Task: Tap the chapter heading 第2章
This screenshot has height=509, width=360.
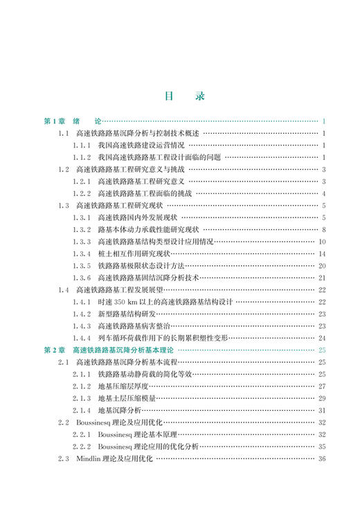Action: [x=55, y=350]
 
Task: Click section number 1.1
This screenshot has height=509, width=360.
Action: [x=64, y=133]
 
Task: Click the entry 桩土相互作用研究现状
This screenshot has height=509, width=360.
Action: [x=138, y=253]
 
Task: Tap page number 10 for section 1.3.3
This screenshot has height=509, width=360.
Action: [x=322, y=241]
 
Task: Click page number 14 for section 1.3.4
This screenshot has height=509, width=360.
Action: [x=322, y=253]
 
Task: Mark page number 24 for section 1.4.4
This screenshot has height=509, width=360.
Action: [x=322, y=338]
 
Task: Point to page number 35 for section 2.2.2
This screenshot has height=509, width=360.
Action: [x=322, y=447]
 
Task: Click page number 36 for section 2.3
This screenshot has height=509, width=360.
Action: [x=322, y=458]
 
